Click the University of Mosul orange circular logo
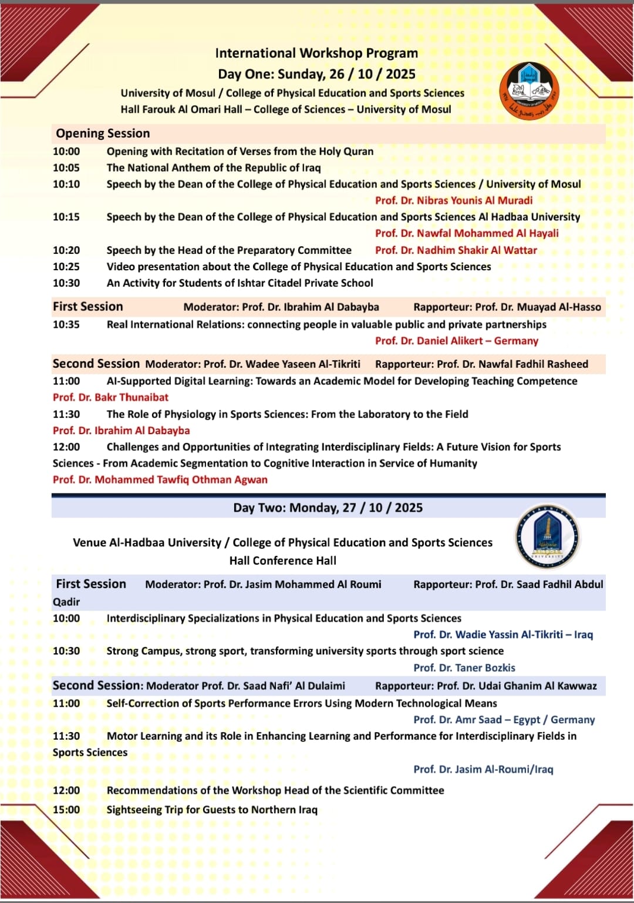529,92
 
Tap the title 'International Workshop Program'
316,53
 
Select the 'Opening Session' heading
103,133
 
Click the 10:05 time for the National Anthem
66,168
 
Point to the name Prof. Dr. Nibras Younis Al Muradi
454,200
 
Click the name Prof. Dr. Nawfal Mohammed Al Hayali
467,233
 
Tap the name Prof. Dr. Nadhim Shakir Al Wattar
456,250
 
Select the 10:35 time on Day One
66,324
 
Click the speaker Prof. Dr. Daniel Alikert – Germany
457,341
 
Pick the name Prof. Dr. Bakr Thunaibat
110,398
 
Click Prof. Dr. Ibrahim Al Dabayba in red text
122,431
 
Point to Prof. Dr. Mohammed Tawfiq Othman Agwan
160,480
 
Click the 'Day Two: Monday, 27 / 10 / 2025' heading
328,508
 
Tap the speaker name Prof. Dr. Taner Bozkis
464,668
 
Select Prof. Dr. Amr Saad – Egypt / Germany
504,720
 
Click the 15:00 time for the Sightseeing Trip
66,810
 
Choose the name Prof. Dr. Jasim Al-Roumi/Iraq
483,770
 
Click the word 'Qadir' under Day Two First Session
66,602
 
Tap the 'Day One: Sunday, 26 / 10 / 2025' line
316,74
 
